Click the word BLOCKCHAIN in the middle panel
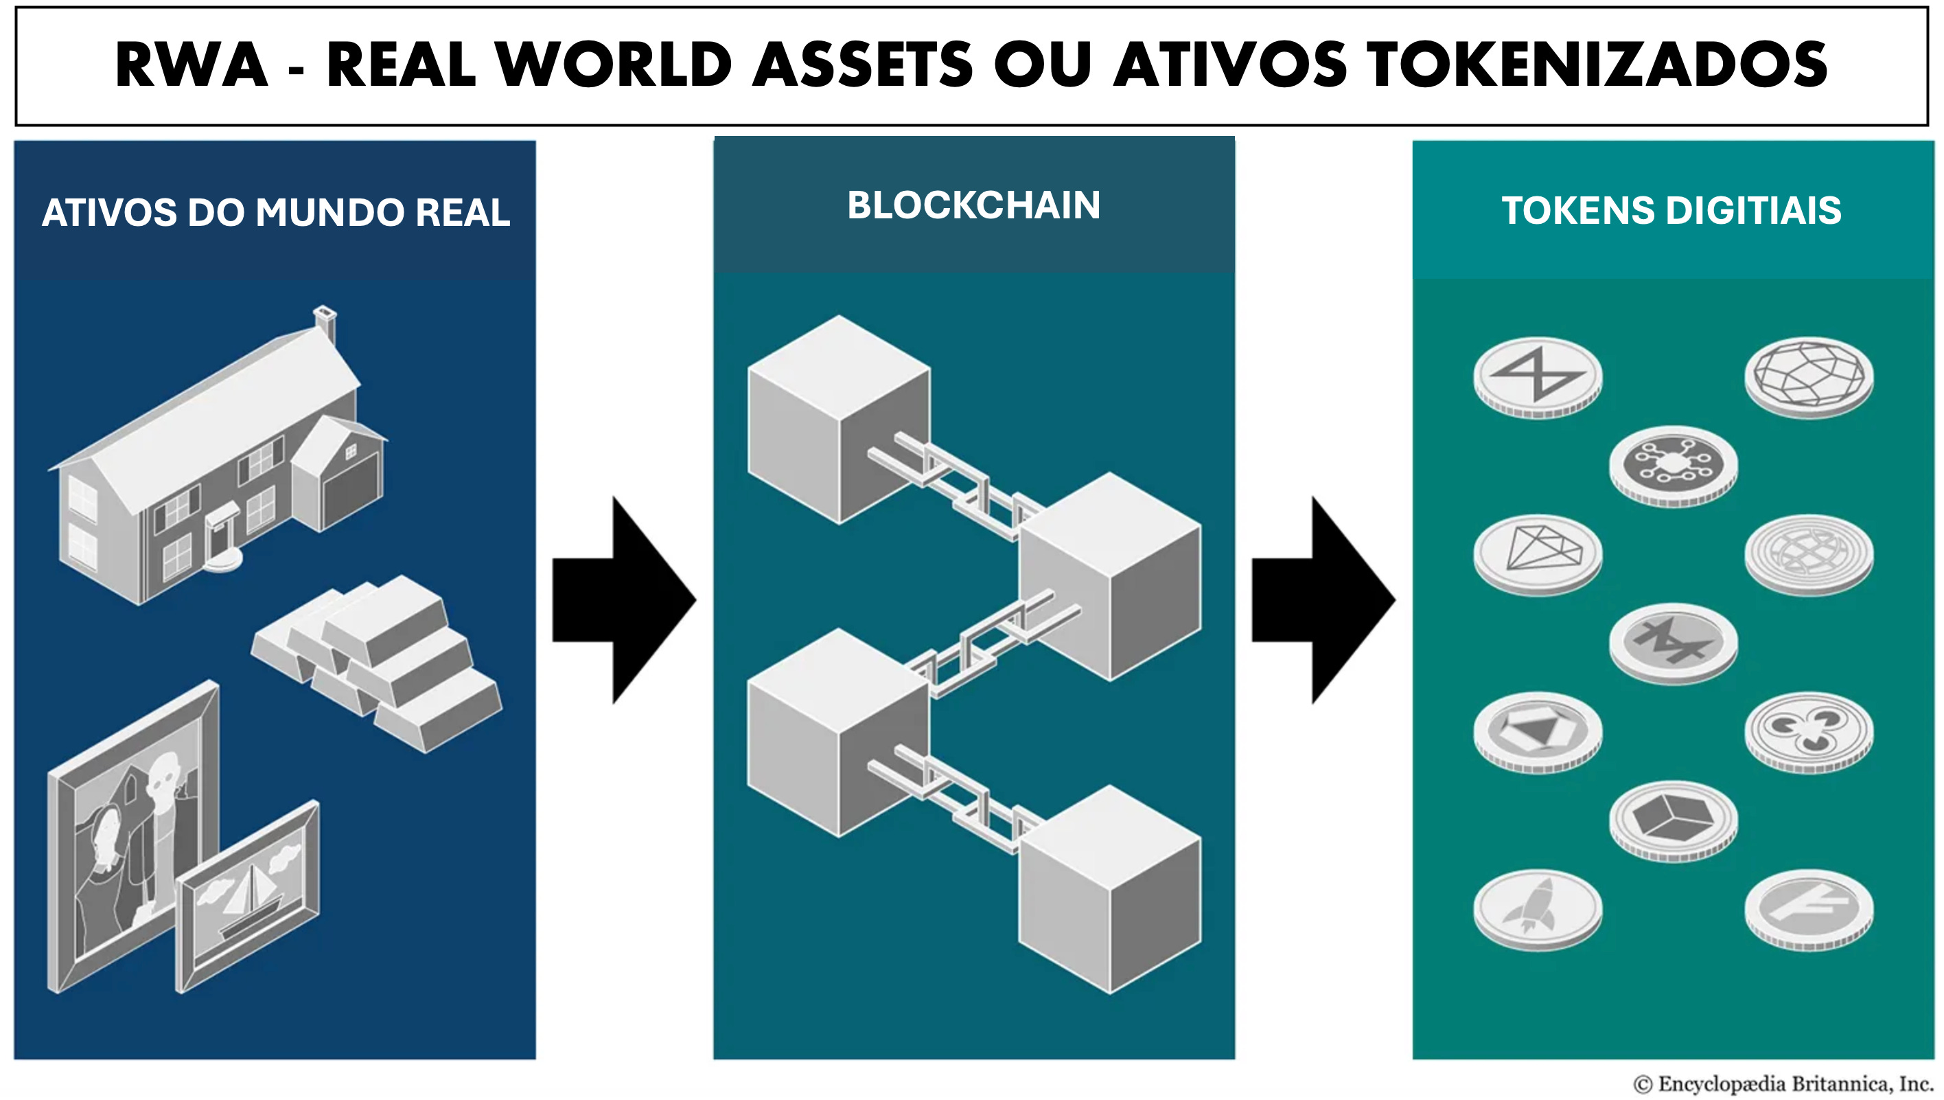(x=973, y=205)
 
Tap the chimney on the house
(x=325, y=323)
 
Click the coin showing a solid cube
(x=1673, y=819)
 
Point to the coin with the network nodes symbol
(x=1673, y=464)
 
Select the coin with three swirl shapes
(x=1809, y=730)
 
